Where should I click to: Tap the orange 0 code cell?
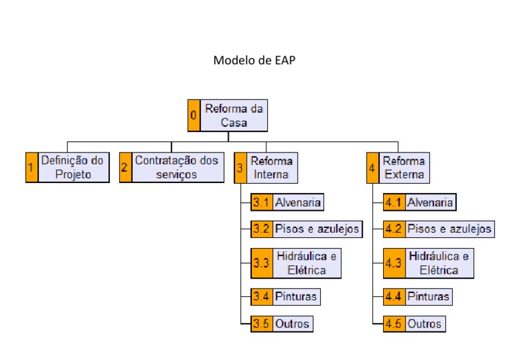[x=194, y=115]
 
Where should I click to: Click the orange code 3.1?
[x=261, y=202]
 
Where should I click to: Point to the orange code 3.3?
[x=261, y=263]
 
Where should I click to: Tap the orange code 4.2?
[x=394, y=229]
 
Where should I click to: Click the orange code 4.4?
[x=394, y=296]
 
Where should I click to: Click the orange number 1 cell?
[x=30, y=168]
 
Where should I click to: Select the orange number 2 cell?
[x=125, y=168]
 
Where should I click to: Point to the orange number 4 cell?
[x=372, y=168]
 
